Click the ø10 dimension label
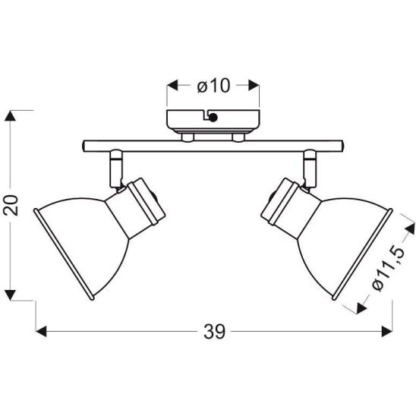[213, 86]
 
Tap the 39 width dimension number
[214, 332]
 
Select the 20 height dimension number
[11, 205]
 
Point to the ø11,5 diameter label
[389, 269]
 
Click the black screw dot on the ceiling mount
[213, 117]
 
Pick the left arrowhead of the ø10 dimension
[172, 86]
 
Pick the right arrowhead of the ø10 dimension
[254, 86]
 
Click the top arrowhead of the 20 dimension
[11, 116]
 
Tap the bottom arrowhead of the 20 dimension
[11, 295]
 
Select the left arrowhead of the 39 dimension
[41, 332]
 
